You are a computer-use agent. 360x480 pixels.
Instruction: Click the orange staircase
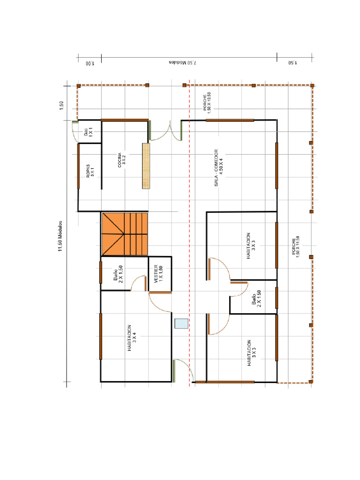pyautogui.click(x=124, y=234)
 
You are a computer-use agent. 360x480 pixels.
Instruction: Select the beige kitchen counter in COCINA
pyautogui.click(x=146, y=166)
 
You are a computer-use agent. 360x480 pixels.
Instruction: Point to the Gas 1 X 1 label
pyautogui.click(x=89, y=132)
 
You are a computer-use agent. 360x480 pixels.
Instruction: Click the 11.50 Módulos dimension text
pyautogui.click(x=60, y=236)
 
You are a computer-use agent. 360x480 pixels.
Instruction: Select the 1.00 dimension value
pyautogui.click(x=89, y=63)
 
